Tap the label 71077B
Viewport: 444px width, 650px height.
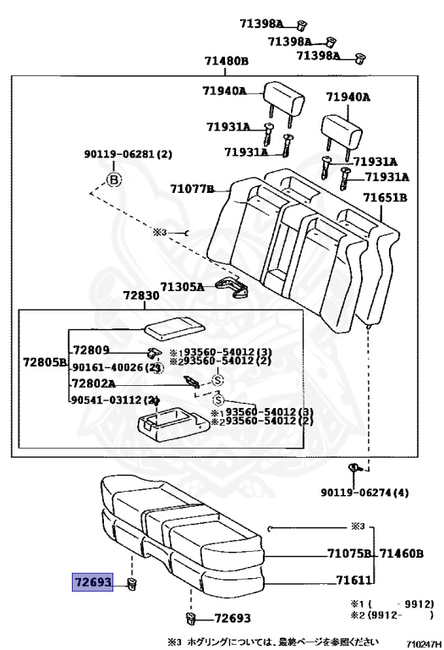tap(193, 189)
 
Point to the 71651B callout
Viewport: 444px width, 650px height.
tap(386, 197)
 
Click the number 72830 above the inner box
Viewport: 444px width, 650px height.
tap(140, 299)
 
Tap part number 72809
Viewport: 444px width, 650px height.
tap(91, 349)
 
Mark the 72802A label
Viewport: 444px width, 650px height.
tap(96, 383)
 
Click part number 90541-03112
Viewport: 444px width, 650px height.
tap(110, 400)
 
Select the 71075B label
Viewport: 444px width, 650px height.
tap(350, 554)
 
